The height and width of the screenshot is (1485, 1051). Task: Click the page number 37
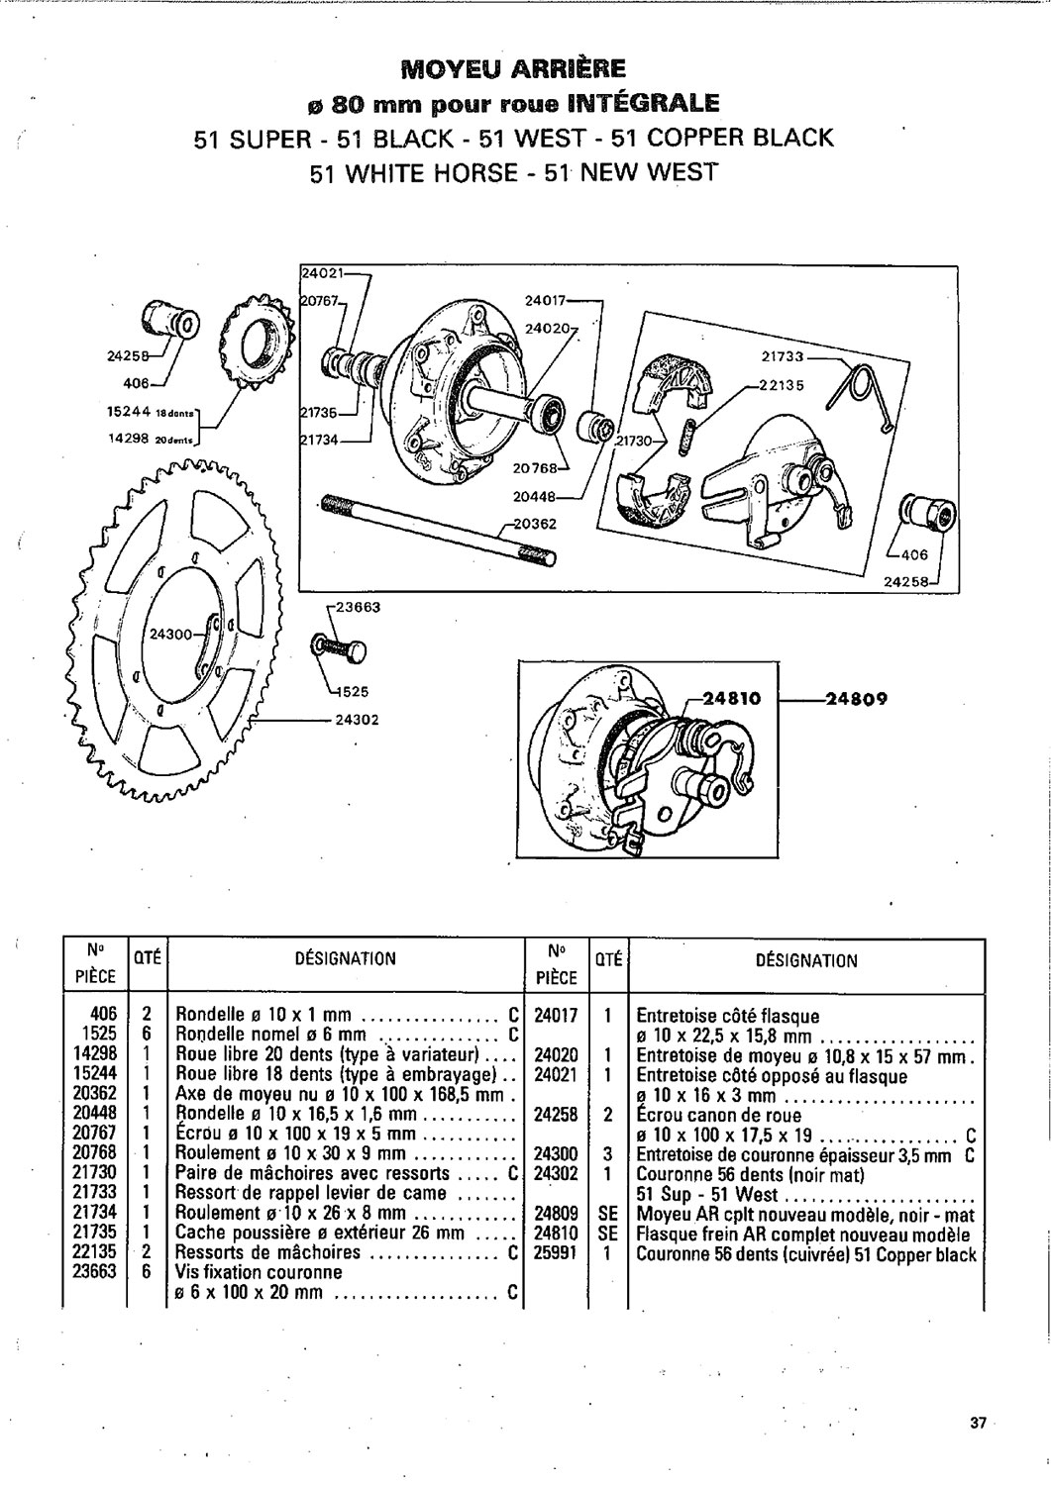[x=978, y=1424]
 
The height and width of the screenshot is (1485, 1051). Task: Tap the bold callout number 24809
[x=858, y=698]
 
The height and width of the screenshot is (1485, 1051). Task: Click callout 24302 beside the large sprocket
[x=354, y=720]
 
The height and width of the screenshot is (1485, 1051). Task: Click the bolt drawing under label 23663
[x=339, y=648]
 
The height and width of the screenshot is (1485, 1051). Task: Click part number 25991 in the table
[x=556, y=1253]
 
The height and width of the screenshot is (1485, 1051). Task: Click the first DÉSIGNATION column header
[x=346, y=958]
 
